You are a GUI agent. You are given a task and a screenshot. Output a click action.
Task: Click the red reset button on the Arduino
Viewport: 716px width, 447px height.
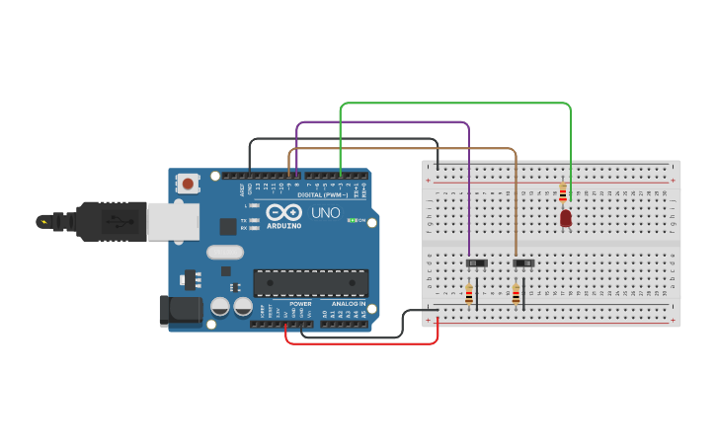(188, 183)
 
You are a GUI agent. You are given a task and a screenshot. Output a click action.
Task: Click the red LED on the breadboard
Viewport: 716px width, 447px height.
(565, 218)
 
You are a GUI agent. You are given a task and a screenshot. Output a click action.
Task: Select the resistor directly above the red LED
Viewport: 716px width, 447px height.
(563, 192)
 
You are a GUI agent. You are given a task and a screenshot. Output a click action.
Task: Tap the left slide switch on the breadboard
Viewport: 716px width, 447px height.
(477, 262)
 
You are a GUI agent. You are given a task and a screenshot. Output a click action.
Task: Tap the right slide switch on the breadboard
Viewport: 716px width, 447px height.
(523, 262)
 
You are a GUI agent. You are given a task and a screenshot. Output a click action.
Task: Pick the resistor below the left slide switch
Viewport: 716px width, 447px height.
(469, 294)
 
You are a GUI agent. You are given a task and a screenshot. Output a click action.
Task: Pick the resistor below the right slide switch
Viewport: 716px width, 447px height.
(516, 294)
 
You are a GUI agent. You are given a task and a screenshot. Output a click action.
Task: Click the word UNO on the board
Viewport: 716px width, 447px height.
(326, 212)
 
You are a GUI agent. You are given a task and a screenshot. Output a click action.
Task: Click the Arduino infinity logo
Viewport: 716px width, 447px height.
(283, 212)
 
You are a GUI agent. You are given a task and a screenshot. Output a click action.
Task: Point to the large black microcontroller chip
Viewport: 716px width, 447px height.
(311, 282)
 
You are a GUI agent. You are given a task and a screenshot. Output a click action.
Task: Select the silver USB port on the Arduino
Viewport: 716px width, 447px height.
(172, 222)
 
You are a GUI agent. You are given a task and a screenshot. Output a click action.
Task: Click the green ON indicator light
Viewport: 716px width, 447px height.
(352, 220)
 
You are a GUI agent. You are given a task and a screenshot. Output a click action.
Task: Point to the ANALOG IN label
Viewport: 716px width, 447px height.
(348, 304)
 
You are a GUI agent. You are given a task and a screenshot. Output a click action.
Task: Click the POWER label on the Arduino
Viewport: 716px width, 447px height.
(300, 304)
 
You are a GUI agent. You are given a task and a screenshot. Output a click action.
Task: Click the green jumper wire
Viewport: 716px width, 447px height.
(454, 103)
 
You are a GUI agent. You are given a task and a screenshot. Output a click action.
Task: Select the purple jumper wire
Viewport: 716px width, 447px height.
(385, 122)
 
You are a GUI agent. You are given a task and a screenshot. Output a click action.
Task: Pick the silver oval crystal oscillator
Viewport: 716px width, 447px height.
(225, 252)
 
